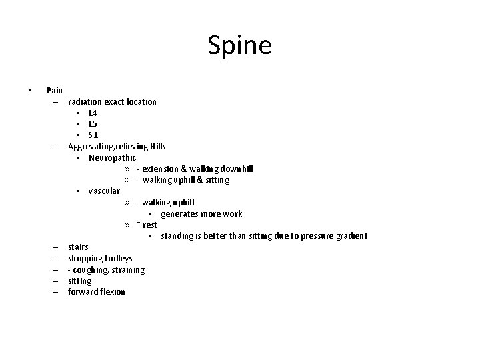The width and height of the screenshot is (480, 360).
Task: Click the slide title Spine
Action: pyautogui.click(x=239, y=46)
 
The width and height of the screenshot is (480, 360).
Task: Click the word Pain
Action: pyautogui.click(x=55, y=90)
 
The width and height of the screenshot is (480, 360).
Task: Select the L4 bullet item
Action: pyautogui.click(x=93, y=113)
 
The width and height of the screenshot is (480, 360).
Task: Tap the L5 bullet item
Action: pyautogui.click(x=93, y=124)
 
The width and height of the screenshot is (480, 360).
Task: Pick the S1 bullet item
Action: pyautogui.click(x=93, y=135)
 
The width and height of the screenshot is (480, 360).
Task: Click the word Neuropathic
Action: pyautogui.click(x=112, y=158)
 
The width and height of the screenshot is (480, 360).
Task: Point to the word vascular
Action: pyautogui.click(x=104, y=191)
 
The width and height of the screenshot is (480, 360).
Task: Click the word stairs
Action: pyautogui.click(x=78, y=247)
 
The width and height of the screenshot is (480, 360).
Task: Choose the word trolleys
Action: pyautogui.click(x=117, y=259)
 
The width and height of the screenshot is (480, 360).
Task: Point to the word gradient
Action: pyautogui.click(x=350, y=236)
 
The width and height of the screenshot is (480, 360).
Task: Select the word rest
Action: pyautogui.click(x=149, y=225)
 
